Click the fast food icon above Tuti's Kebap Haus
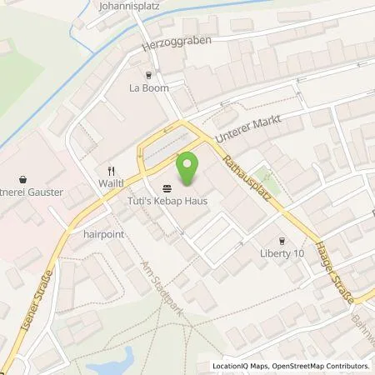point(167,187)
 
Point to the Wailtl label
point(110,179)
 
